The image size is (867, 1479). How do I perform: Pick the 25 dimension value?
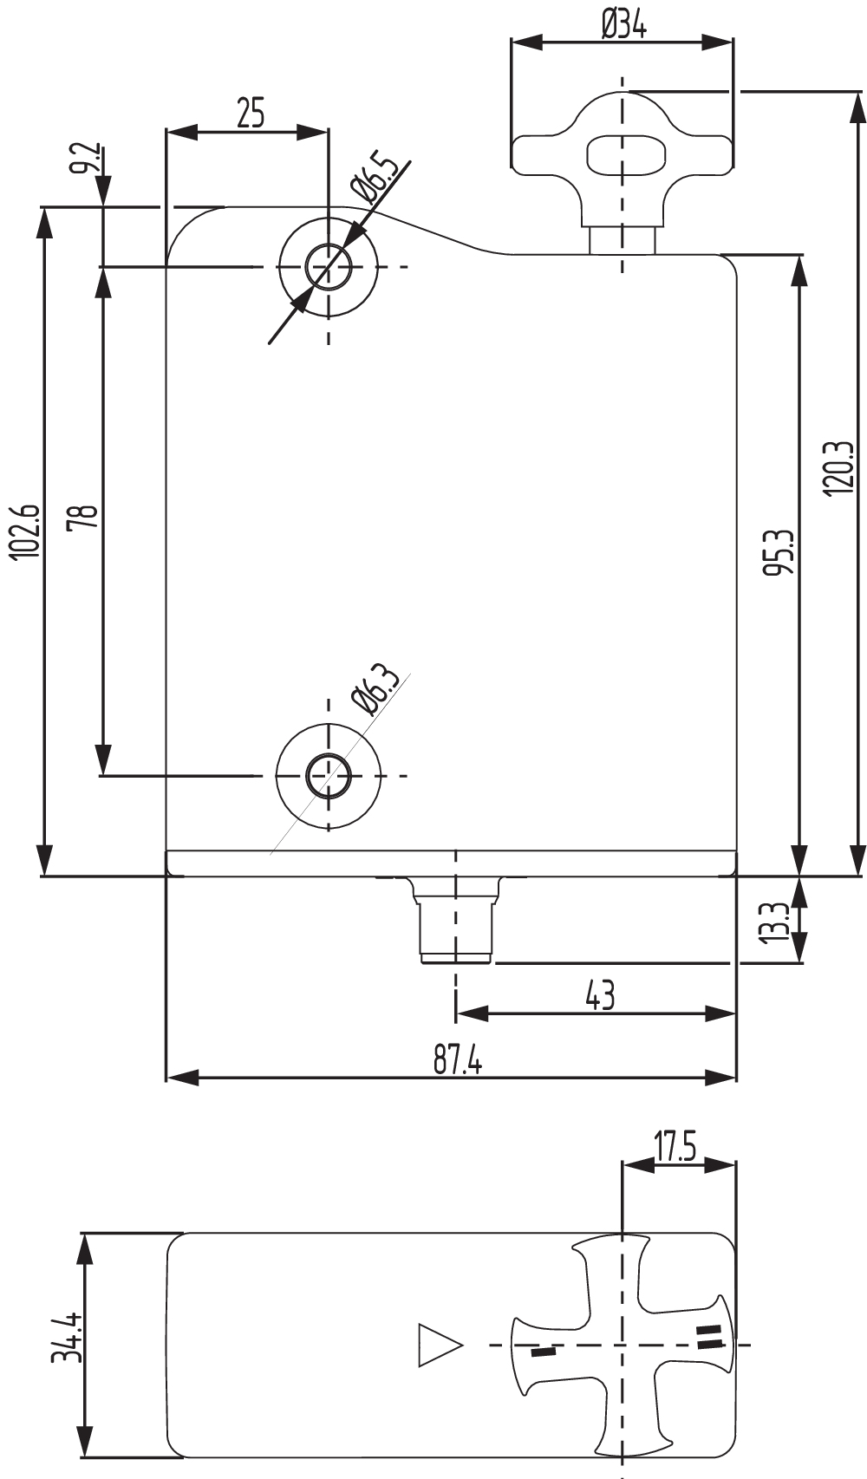tap(250, 114)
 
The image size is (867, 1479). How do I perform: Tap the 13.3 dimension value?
tap(777, 922)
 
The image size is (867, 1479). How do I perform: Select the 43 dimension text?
tap(600, 995)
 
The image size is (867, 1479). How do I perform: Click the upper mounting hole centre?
tap(329, 266)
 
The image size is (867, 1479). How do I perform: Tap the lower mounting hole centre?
tap(329, 775)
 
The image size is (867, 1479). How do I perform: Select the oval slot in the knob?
tap(627, 155)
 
